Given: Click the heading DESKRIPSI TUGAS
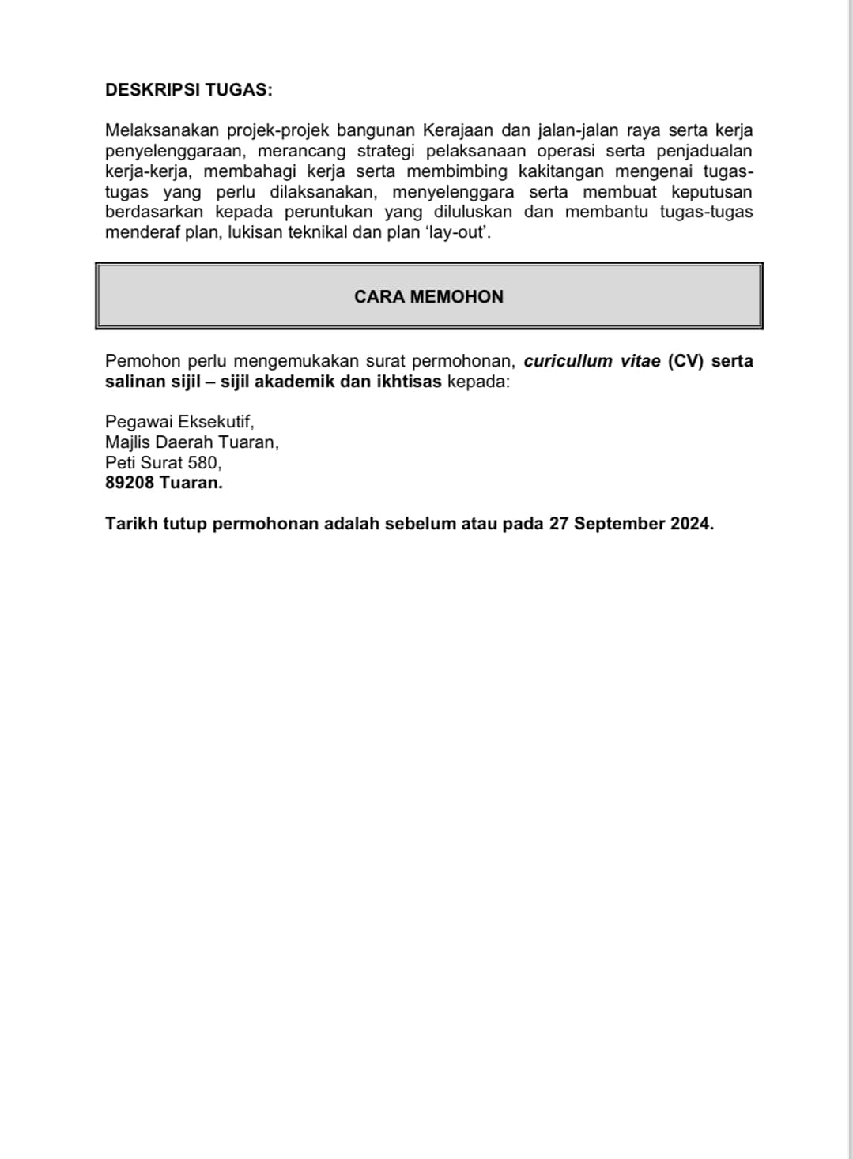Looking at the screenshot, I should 188,90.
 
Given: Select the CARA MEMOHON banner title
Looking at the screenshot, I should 428,297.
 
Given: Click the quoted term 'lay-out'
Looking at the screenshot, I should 459,233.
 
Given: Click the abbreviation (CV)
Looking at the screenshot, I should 685,361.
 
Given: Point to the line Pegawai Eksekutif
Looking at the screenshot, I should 179,422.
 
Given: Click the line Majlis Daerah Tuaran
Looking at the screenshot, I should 191,442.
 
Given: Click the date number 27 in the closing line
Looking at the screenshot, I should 559,524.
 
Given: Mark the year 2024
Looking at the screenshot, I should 692,524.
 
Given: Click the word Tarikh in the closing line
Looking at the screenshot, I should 131,524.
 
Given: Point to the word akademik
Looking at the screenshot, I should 300,382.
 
